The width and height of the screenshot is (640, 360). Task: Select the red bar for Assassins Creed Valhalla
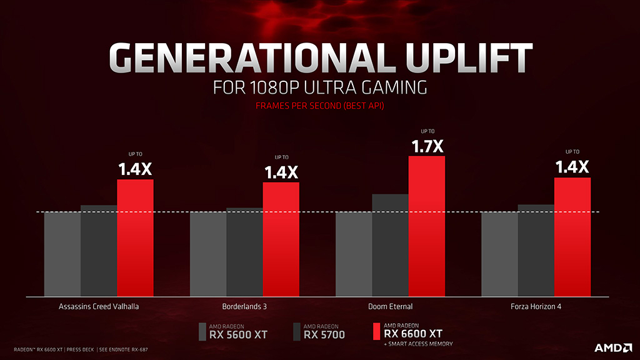135,237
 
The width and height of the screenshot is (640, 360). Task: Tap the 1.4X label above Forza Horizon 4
572,167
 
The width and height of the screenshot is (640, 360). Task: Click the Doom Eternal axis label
390,306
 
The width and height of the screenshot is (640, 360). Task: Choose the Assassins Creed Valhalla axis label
99,306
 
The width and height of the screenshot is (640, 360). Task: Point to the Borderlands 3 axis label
244,306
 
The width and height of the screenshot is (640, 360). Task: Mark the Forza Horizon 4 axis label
536,306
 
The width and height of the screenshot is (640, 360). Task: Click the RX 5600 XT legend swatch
202,332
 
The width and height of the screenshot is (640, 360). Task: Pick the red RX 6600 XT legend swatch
376,332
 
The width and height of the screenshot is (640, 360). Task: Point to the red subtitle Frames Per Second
319,106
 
